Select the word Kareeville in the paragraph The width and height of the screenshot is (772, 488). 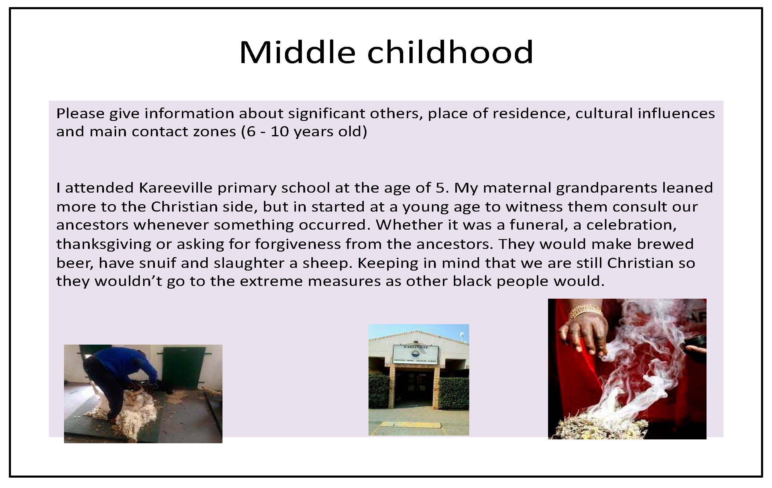(x=175, y=188)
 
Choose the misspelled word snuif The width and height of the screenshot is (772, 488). (x=157, y=263)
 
